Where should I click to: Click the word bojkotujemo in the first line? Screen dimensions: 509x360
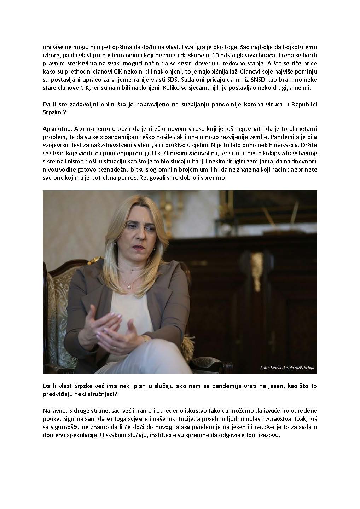point(298,47)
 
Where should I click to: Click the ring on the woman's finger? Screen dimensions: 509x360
point(115,348)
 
